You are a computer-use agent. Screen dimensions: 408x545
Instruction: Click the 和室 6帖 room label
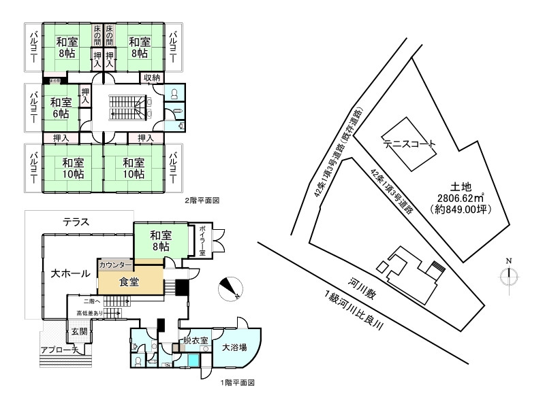click(x=60, y=108)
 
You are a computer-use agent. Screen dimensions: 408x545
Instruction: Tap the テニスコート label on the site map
click(x=409, y=144)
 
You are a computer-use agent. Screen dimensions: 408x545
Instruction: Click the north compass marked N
click(x=509, y=274)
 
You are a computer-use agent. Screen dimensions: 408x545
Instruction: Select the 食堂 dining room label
click(x=129, y=282)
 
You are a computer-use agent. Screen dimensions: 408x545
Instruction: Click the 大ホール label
click(x=70, y=273)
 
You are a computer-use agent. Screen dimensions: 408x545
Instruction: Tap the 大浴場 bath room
click(x=234, y=347)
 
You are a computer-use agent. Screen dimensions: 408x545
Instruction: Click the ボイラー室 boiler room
click(x=202, y=242)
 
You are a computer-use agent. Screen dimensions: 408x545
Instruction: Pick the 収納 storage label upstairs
click(x=152, y=78)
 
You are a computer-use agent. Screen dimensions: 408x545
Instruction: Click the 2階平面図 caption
click(x=202, y=201)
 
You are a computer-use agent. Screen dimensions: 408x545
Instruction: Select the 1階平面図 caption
click(x=237, y=383)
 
